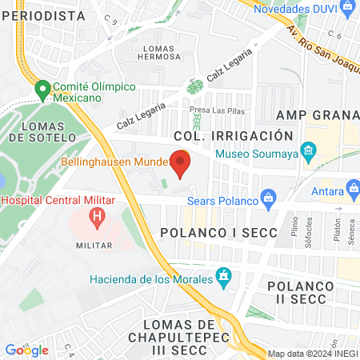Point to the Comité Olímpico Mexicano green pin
tap(42, 90)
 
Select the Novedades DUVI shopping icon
tap(346, 9)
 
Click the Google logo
tap(26, 350)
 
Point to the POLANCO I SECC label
tap(218, 233)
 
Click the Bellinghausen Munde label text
tap(113, 162)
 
